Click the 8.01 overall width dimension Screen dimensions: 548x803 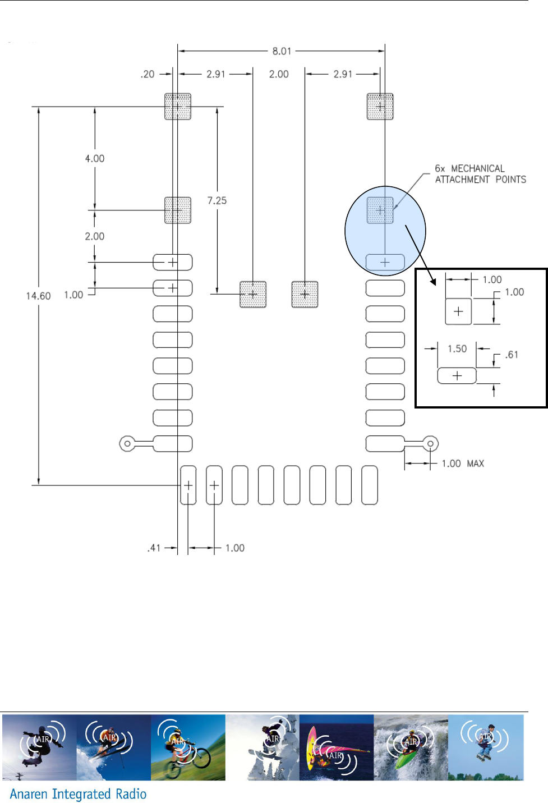(x=282, y=51)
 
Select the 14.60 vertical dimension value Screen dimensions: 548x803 (x=38, y=296)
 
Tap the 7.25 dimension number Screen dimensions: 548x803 (x=217, y=200)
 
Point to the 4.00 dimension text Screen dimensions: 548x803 (x=95, y=158)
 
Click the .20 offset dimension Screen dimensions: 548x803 (x=148, y=74)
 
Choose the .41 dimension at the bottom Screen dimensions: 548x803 (x=154, y=548)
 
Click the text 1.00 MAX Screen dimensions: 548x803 (x=463, y=464)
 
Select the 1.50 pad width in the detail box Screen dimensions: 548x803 (x=457, y=349)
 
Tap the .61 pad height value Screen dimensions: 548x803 (x=512, y=355)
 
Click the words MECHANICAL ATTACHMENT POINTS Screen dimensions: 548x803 (x=480, y=174)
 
